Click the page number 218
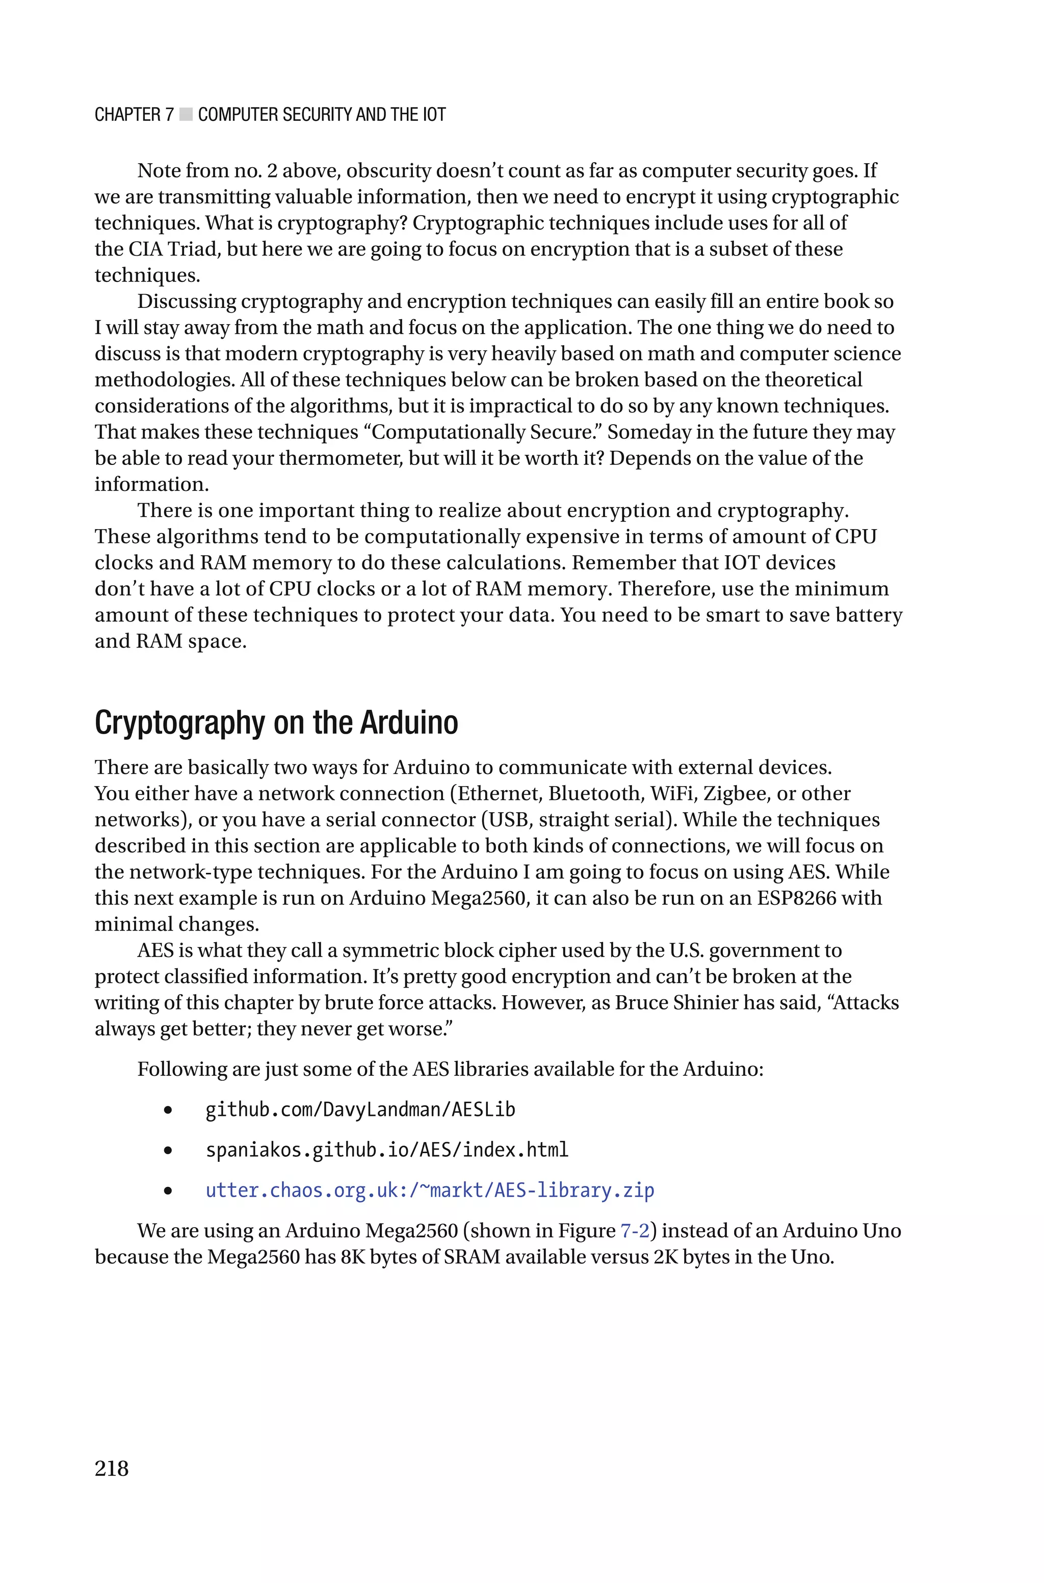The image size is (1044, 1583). pos(111,1468)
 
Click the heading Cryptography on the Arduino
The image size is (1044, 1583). pos(276,723)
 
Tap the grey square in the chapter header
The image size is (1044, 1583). pos(186,115)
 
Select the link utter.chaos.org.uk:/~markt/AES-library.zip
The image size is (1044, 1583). pos(429,1190)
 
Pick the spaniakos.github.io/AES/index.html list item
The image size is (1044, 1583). pos(387,1150)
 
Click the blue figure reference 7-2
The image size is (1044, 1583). pos(635,1231)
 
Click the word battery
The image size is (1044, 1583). pos(870,615)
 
